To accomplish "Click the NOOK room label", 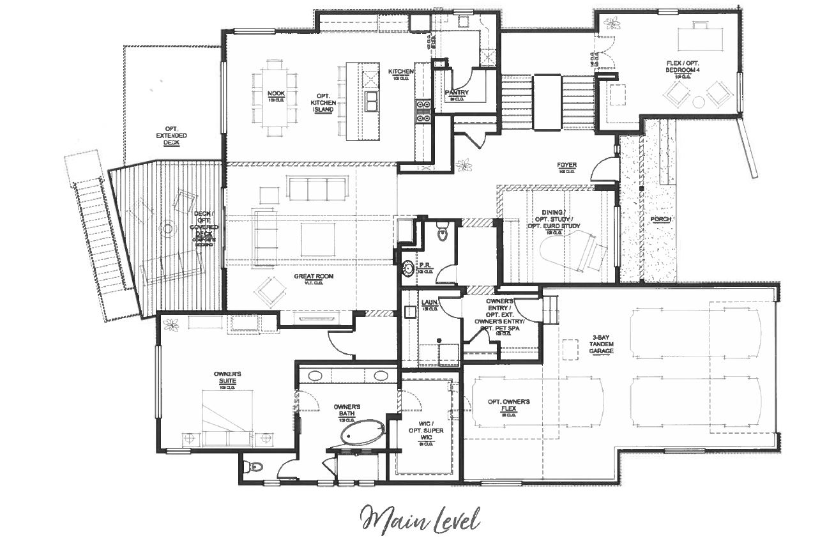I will [x=276, y=93].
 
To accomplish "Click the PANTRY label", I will [x=457, y=93].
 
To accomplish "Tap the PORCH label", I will [x=660, y=219].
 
